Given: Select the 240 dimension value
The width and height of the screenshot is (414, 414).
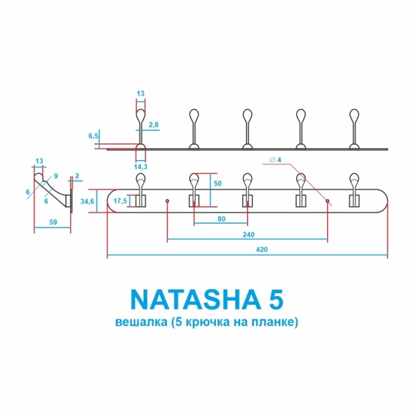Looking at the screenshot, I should (248, 235).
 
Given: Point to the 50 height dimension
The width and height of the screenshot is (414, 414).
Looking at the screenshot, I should (218, 184).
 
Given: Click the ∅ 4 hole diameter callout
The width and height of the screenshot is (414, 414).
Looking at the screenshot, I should (274, 161).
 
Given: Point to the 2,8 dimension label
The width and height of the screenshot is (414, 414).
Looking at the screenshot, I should (154, 124).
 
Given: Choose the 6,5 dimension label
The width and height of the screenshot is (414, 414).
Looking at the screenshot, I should (93, 137).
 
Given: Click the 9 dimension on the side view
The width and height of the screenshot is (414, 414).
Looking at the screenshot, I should (55, 175).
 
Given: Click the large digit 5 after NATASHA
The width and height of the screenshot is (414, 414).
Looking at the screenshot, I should (274, 300).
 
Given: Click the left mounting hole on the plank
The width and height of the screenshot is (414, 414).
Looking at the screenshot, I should (168, 201).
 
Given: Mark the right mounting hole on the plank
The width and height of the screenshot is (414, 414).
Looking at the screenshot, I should (328, 201).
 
